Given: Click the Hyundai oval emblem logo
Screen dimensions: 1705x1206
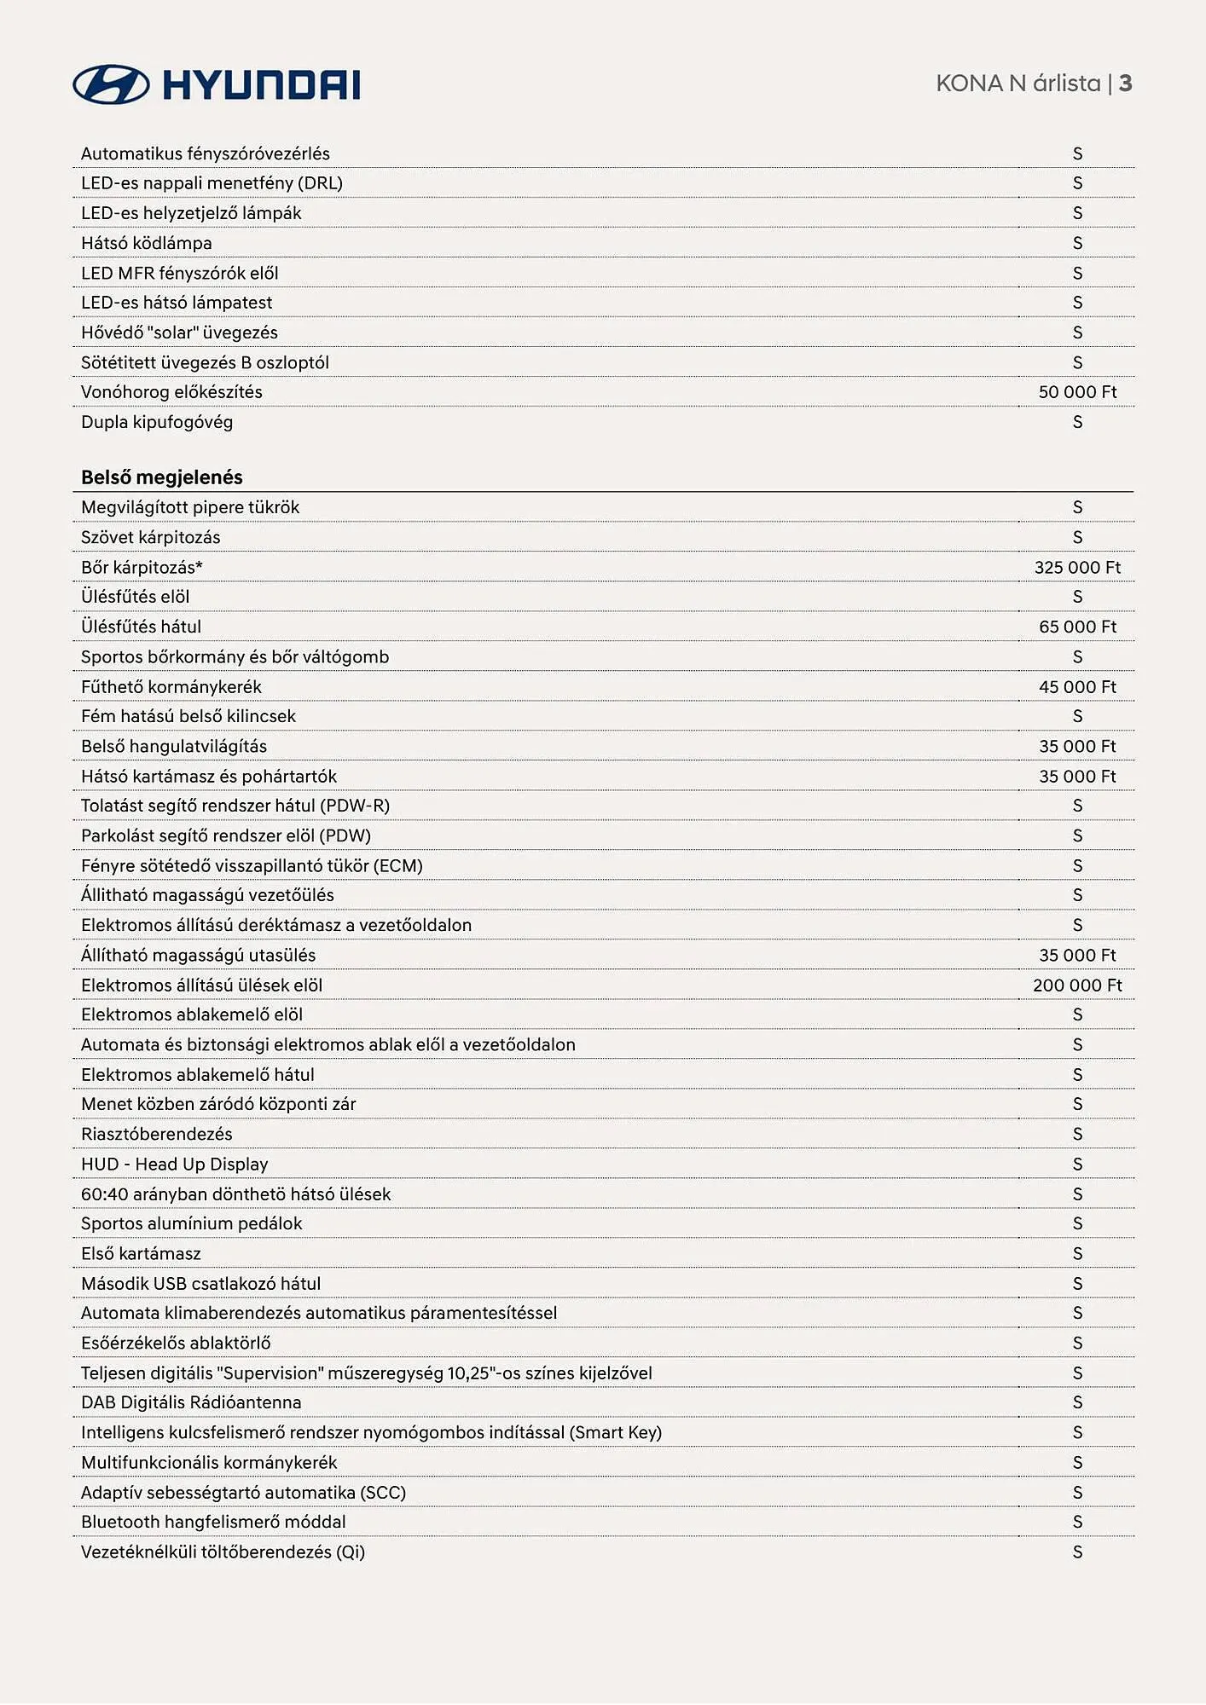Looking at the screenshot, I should tap(111, 84).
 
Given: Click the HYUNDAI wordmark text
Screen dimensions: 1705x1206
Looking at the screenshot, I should tap(261, 85).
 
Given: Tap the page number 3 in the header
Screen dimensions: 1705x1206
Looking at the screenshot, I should tap(1125, 84).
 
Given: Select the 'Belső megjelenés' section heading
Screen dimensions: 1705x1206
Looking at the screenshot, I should tap(162, 477).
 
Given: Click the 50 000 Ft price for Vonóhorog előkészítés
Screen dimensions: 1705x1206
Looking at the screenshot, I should tap(1077, 392).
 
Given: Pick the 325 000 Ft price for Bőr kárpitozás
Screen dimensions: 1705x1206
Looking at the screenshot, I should tap(1077, 568).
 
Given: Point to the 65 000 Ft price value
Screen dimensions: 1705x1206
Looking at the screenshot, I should tap(1077, 627).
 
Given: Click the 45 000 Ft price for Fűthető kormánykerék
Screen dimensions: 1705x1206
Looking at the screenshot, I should tap(1077, 687).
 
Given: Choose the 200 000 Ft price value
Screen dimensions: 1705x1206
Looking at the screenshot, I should tap(1077, 985).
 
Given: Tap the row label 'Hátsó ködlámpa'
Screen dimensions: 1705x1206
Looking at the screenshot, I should tap(147, 243).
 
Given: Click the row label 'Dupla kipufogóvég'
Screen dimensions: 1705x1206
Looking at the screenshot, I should tap(157, 422).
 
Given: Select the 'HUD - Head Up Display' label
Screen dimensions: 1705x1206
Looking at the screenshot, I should tap(175, 1165).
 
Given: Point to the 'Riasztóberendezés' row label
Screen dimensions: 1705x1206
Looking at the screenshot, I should tap(157, 1134).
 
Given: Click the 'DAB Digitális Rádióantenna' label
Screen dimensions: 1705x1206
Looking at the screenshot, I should tap(191, 1402).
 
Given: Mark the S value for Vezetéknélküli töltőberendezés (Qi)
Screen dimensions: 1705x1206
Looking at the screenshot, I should tap(1077, 1552).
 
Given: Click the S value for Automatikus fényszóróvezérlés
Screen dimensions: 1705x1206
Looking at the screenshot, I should tap(1077, 153).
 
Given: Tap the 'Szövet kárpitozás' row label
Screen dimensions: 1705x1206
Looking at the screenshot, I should tap(151, 537).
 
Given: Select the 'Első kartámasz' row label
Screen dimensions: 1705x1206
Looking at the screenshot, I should tap(141, 1253).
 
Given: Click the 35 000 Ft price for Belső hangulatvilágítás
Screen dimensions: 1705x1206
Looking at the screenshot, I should tap(1077, 747).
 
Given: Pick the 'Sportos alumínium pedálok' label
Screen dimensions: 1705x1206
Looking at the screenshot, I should tap(192, 1223).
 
